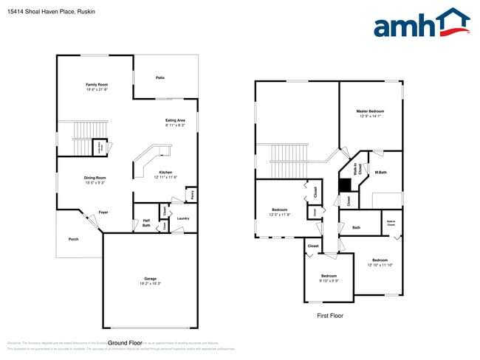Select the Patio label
tap(160, 77)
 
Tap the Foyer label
tap(103, 212)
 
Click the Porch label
tap(74, 239)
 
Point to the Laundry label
tap(184, 218)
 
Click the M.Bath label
tap(381, 173)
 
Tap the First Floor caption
tap(330, 316)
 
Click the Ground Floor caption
tap(125, 343)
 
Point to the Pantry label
tap(192, 195)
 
